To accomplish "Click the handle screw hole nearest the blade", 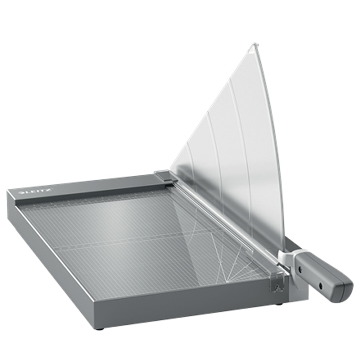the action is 300,268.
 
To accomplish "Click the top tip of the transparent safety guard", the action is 255,43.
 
